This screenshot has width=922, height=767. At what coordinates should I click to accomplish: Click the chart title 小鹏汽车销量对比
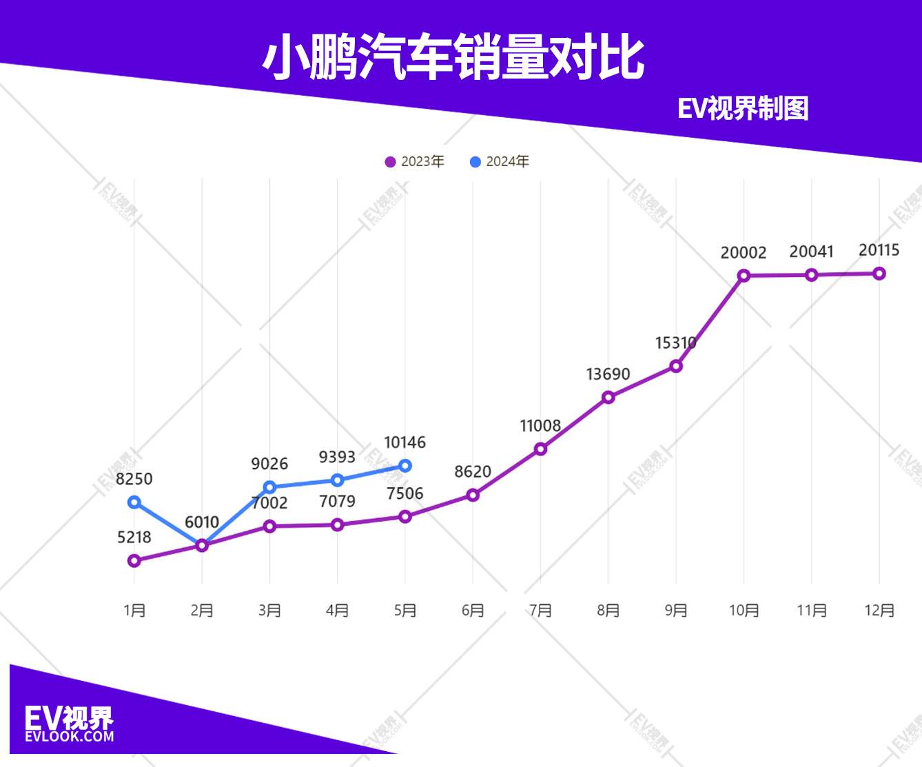click(453, 58)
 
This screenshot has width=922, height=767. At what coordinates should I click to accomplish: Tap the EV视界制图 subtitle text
click(742, 109)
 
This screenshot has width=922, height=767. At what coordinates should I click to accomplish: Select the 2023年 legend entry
click(415, 162)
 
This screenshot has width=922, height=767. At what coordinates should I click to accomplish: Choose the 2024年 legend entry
click(500, 162)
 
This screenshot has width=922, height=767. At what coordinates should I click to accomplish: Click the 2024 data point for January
click(134, 502)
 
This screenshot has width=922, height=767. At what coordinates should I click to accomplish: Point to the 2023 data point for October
click(744, 276)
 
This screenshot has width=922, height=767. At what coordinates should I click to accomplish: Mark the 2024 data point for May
click(405, 466)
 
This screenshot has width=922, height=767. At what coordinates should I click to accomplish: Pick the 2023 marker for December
click(879, 274)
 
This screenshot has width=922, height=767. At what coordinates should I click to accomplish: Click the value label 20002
click(744, 253)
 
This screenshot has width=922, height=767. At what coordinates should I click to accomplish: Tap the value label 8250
click(134, 479)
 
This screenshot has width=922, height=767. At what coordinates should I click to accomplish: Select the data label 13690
click(608, 374)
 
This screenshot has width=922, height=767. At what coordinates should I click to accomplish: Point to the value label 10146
click(405, 442)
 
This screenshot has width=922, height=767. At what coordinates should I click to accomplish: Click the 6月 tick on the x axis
click(473, 611)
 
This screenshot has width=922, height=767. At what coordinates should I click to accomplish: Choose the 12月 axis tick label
click(879, 611)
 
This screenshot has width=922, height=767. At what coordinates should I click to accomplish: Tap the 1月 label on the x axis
click(134, 611)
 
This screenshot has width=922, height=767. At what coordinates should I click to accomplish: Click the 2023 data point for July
click(541, 449)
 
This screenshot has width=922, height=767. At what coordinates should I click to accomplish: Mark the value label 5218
click(134, 538)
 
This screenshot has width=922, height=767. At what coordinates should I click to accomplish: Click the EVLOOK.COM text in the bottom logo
click(69, 736)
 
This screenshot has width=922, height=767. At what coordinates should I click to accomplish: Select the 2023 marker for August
click(608, 398)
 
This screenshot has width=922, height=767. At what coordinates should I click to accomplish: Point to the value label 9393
click(337, 457)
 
